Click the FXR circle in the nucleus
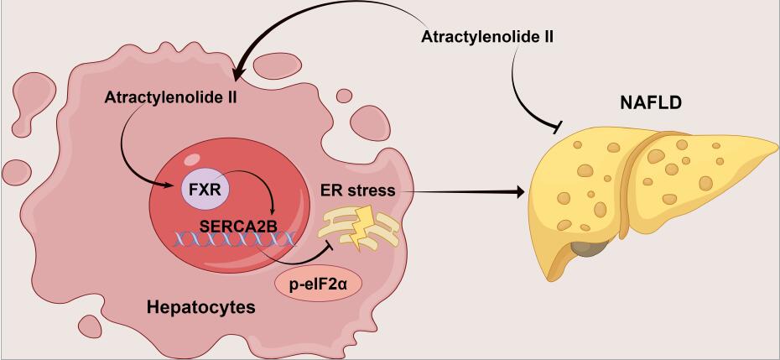[x=205, y=189]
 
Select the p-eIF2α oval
[x=317, y=285]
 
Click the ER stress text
[x=358, y=190]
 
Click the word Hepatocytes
[x=200, y=308]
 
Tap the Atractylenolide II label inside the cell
[x=172, y=97]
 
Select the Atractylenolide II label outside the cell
[x=486, y=38]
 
